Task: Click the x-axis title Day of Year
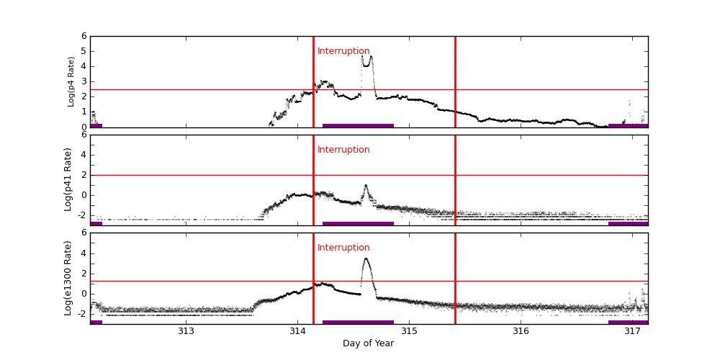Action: click(368, 343)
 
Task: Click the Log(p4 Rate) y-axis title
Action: click(71, 81)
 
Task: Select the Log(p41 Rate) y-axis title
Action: click(68, 179)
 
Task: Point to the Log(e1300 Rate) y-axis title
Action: click(68, 278)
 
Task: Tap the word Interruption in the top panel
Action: click(343, 51)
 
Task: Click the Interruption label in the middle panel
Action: click(343, 150)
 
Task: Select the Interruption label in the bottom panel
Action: click(343, 248)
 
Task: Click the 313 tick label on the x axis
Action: click(186, 331)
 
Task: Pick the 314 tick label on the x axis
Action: click(297, 331)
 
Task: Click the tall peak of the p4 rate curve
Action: click(371, 56)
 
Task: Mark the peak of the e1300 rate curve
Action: click(366, 258)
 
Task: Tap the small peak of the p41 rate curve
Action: click(366, 186)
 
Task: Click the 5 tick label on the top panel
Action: click(84, 51)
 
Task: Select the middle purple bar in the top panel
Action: click(358, 125)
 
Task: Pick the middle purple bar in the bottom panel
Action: click(358, 322)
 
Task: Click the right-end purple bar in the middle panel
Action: click(628, 223)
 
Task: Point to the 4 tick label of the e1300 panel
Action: click(84, 253)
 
